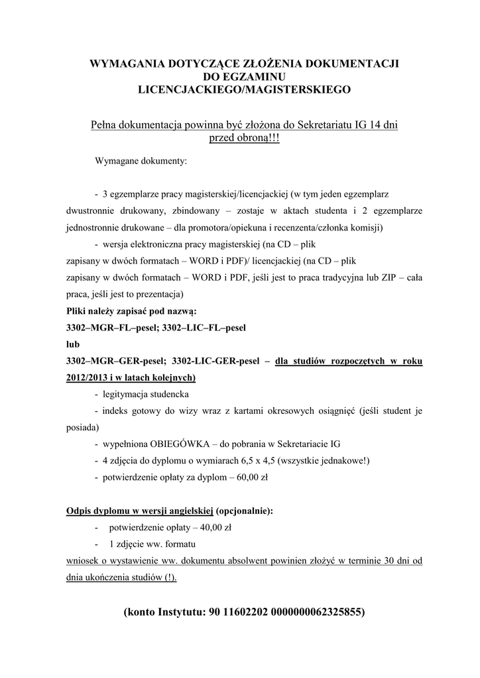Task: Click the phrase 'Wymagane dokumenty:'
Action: (x=141, y=161)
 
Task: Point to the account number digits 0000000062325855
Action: (x=314, y=612)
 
